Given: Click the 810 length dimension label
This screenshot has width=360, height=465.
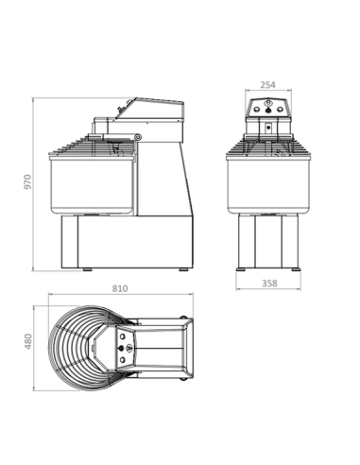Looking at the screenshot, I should coord(118,288).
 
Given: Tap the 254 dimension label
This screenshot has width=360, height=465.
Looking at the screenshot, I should coord(269,82).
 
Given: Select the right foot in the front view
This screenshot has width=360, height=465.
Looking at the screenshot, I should coord(297,268).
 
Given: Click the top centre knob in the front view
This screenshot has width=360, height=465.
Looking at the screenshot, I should coord(269,104).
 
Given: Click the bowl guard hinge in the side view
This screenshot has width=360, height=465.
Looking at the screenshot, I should coord(138,140).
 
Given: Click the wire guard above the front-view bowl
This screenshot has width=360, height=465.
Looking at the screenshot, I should coord(269,146).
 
